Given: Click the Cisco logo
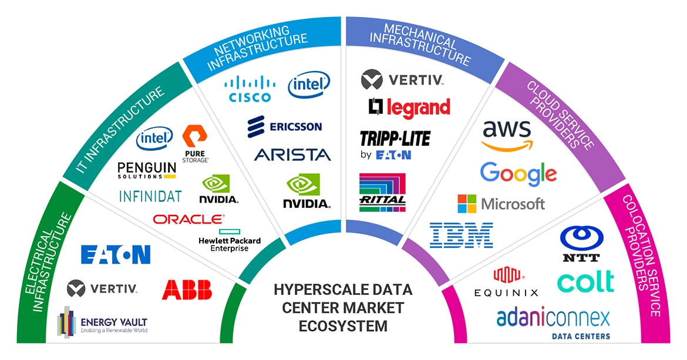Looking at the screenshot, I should pos(250,89).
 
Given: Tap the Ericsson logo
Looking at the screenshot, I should pos(285,126).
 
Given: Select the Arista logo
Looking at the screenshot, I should pos(292,154).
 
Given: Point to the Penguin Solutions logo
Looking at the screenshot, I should pos(146,170).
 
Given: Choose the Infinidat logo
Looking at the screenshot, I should pos(150,196).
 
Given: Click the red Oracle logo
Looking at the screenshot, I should pos(188,219).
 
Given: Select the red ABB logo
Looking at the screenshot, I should pos(187,290).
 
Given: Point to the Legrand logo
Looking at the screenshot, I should pos(409,107).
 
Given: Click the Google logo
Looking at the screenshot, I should pos(518,173).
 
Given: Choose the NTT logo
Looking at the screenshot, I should pos(580,244).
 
